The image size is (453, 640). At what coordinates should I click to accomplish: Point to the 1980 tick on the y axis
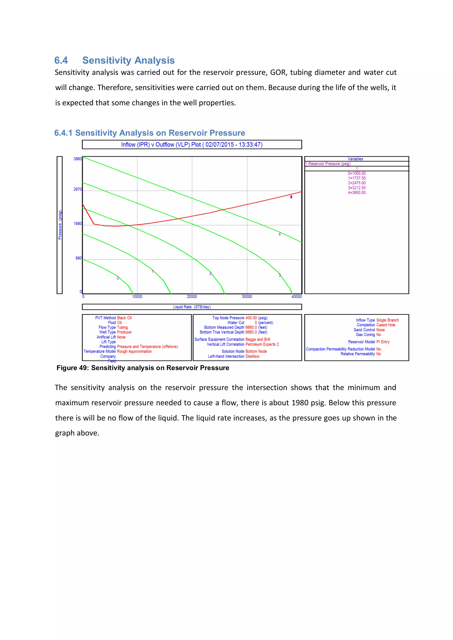pos(78,224)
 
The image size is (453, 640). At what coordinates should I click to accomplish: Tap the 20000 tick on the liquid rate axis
pos(192,297)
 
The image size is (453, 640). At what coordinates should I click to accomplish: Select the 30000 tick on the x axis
pos(247,297)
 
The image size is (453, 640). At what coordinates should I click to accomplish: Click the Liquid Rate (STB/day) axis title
pos(192,307)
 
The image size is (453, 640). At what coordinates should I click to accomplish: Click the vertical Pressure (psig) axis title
pos(60,225)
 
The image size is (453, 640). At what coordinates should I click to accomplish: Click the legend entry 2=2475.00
pos(357,183)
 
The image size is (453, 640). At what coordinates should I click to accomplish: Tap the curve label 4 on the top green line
pos(280,234)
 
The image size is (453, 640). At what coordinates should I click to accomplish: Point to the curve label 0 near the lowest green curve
pos(118,278)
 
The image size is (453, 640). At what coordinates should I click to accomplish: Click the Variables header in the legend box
pos(355,159)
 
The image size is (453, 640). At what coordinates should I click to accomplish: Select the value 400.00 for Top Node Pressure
pos(251,318)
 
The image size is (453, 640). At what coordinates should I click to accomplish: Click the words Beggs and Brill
pos(258,339)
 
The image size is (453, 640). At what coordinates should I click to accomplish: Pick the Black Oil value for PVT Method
pos(124,318)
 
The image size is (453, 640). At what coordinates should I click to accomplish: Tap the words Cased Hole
pos(386,325)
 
